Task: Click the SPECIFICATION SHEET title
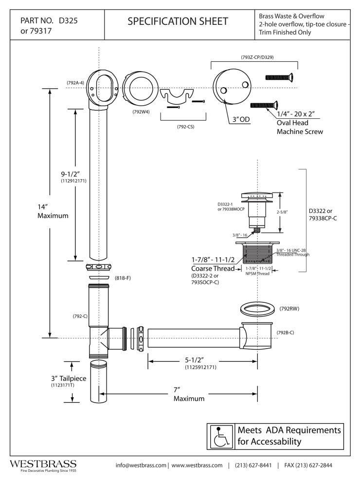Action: pos(177,21)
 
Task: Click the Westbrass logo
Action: pos(43,464)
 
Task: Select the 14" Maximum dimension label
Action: pos(53,211)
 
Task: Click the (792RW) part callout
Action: pos(289,309)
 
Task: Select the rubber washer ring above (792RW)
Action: pos(256,309)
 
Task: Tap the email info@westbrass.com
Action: pos(141,465)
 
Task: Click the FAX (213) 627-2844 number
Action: pos(308,465)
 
